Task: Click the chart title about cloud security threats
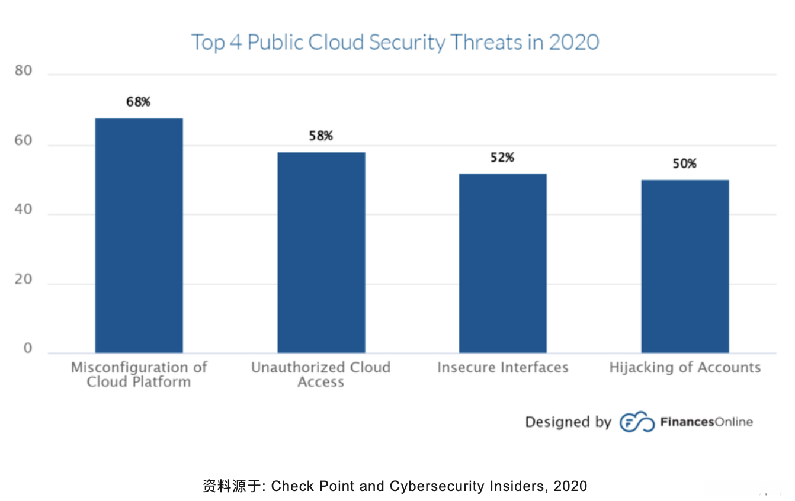click(395, 43)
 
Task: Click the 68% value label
click(139, 102)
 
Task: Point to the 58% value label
click(321, 136)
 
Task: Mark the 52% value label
click(502, 158)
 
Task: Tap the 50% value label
click(685, 164)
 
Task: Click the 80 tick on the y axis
click(24, 72)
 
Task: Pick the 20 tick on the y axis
click(24, 280)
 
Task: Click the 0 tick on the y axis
click(28, 349)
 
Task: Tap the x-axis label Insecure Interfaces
click(502, 368)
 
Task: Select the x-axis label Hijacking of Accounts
click(685, 368)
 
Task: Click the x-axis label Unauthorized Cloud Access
click(321, 374)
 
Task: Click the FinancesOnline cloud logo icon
click(637, 422)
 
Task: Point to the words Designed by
click(568, 422)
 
